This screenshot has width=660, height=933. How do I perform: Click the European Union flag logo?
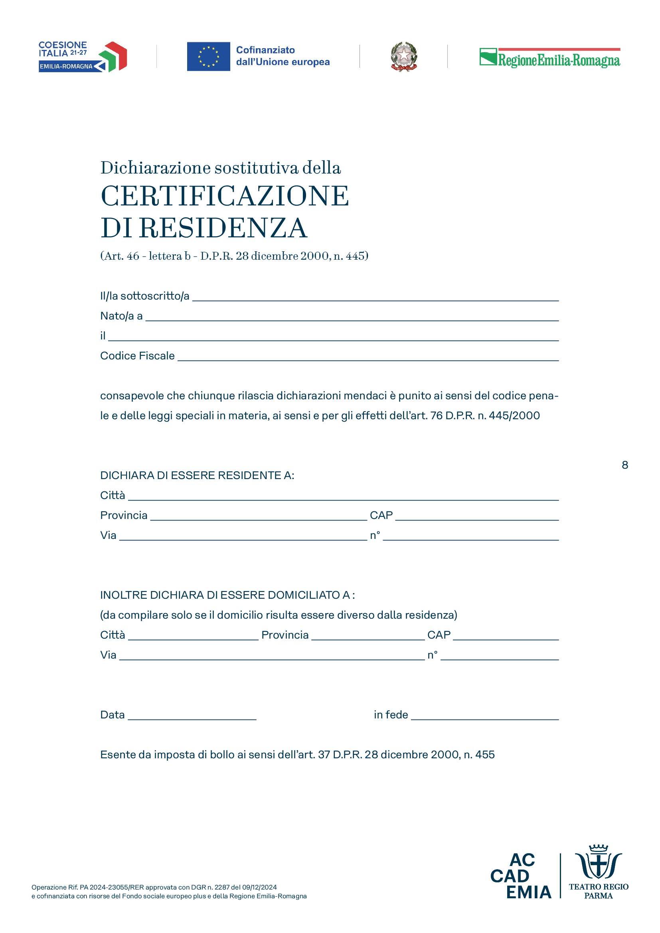pos(208,57)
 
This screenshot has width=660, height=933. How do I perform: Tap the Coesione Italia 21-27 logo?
pos(83,57)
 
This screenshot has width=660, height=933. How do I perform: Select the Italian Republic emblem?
pos(403,57)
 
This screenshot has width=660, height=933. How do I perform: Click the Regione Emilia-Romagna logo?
pos(549,58)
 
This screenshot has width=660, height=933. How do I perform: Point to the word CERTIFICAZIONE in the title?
pos(225,196)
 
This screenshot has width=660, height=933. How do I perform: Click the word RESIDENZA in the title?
pos(223,228)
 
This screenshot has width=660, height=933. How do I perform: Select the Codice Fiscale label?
pos(137,356)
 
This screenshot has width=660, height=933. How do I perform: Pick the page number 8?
pos(624,465)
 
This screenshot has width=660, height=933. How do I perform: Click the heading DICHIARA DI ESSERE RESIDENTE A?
pos(197,475)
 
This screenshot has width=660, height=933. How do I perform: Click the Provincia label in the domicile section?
pos(285,635)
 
